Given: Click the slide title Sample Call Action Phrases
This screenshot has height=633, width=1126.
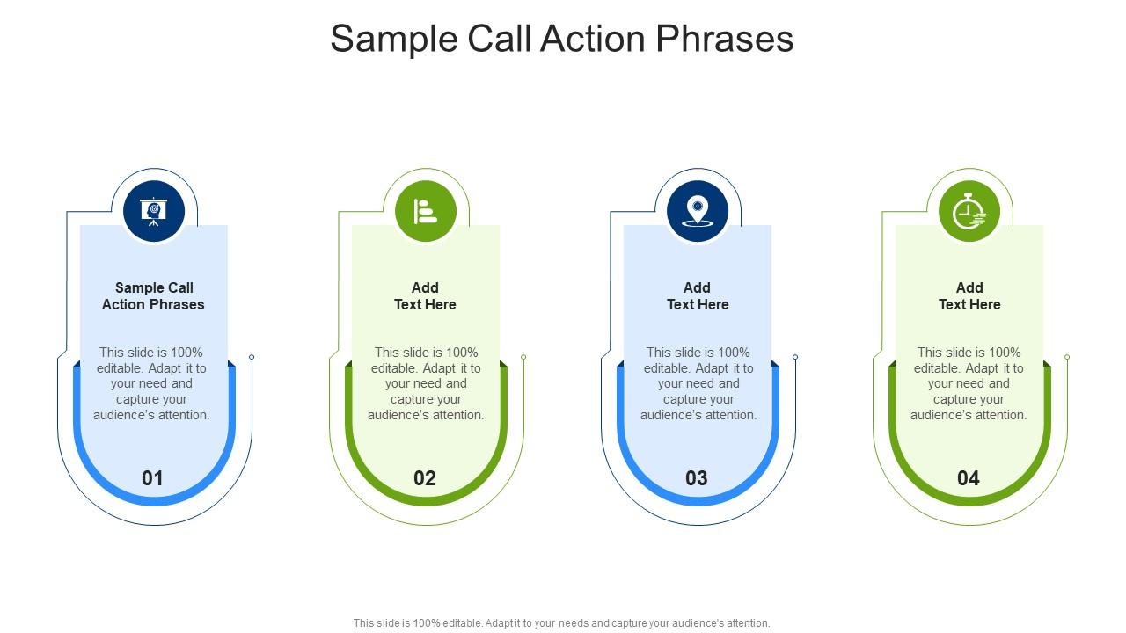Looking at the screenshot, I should (562, 40).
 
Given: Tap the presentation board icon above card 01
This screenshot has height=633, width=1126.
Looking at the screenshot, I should (154, 211).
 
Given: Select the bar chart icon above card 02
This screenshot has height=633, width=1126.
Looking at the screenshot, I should (426, 211).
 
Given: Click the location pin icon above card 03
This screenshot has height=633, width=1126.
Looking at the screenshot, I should (698, 211).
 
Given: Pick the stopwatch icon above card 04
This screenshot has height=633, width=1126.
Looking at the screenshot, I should (969, 212).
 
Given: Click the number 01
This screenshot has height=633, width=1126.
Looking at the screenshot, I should (153, 478).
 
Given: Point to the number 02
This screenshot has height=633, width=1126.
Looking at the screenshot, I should (425, 478).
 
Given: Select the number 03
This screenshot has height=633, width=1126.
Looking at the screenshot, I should (697, 478).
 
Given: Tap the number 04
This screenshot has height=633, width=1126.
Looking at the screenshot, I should (969, 478).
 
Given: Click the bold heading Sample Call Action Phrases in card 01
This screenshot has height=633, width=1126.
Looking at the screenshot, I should (153, 296).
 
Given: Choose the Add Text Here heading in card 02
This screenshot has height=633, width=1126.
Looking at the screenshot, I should (425, 296).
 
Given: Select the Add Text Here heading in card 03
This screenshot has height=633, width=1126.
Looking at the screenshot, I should (698, 296).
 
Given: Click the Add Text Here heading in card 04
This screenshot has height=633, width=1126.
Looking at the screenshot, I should (969, 296).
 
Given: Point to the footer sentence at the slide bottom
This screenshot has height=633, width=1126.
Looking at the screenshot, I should (562, 622).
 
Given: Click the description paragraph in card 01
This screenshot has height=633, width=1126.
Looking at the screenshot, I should (152, 383).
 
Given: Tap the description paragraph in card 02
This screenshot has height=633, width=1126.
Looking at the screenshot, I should (426, 383).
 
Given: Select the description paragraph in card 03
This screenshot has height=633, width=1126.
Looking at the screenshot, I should (698, 383).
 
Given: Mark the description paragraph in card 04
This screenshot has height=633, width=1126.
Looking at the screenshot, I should (969, 383).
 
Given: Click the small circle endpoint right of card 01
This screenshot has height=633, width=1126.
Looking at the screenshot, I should (252, 357).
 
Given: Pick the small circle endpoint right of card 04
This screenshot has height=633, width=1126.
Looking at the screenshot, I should (1067, 357).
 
